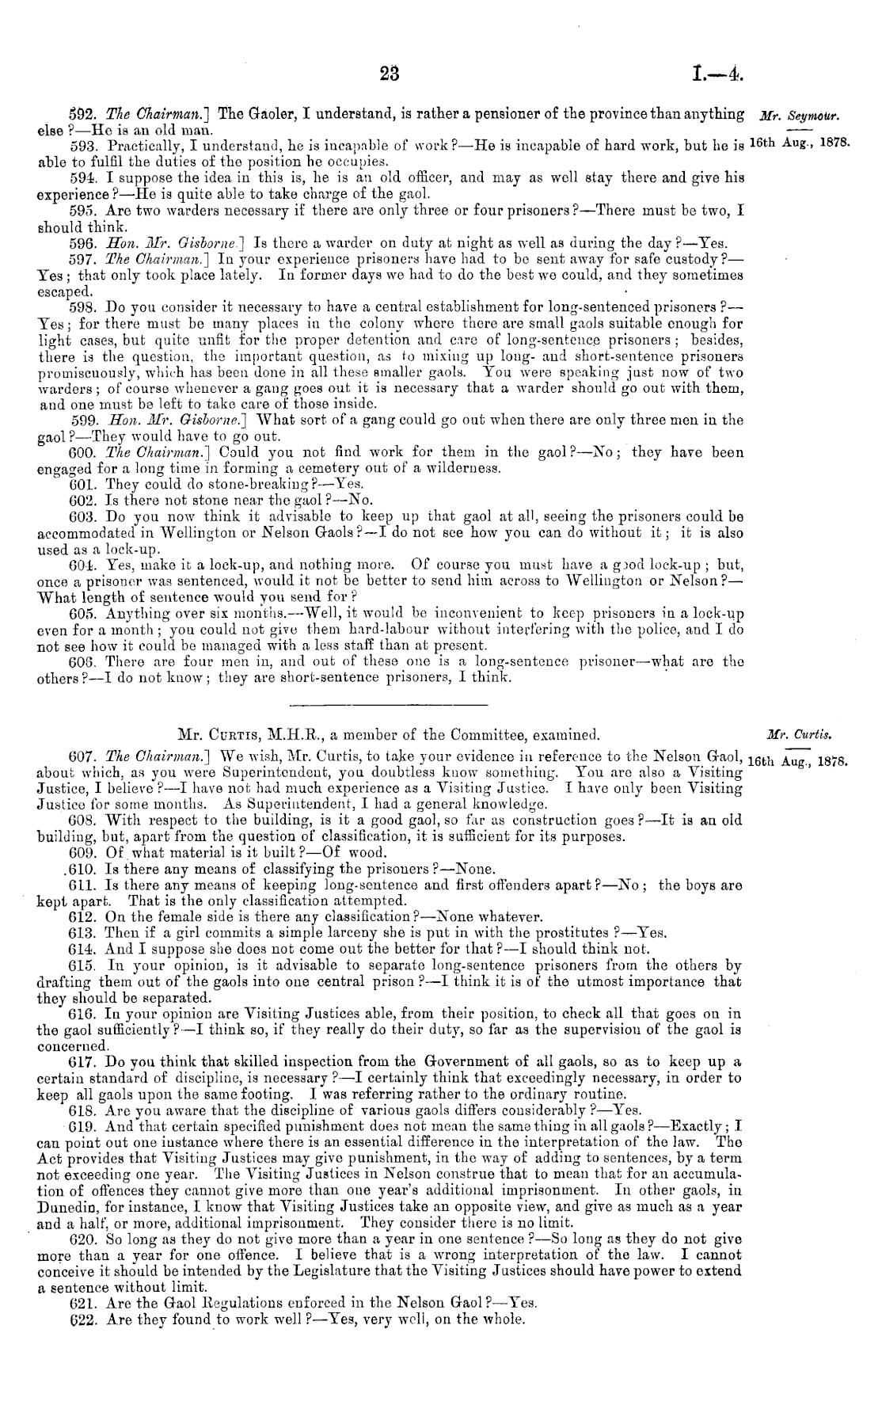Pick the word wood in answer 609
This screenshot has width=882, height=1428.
[370, 852]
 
